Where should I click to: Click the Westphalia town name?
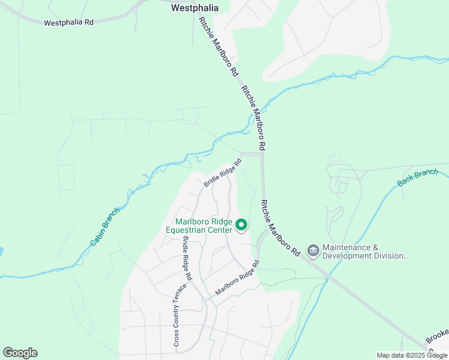(194, 8)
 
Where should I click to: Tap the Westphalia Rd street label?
(69, 22)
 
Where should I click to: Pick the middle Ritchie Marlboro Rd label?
(253, 118)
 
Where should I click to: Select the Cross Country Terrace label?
(176, 314)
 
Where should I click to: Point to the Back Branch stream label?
(418, 178)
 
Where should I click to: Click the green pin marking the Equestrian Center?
(241, 225)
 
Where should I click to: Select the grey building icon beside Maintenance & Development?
(313, 250)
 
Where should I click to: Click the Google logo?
(20, 352)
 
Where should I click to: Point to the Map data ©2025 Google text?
(411, 355)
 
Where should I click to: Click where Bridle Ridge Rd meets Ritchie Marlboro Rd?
(262, 154)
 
